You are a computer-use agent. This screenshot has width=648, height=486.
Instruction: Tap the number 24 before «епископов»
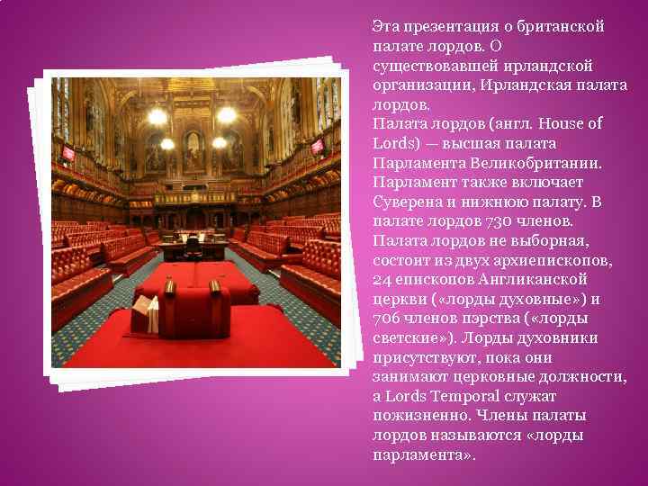click(x=382, y=280)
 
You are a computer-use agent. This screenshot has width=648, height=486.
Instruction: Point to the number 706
click(x=385, y=319)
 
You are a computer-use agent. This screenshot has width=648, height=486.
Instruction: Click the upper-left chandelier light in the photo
click(x=157, y=116)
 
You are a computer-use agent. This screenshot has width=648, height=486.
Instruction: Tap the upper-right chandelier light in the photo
click(x=227, y=115)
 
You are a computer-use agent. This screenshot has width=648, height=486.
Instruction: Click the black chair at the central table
click(x=192, y=244)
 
